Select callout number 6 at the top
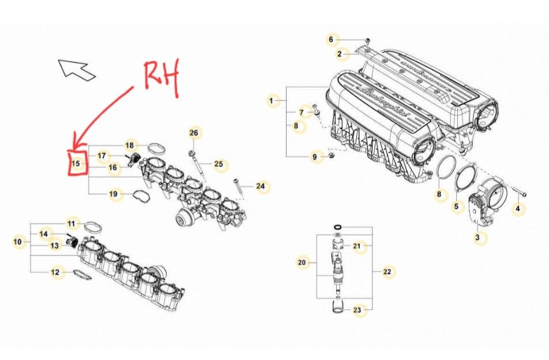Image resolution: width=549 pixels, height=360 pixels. pos(331,40)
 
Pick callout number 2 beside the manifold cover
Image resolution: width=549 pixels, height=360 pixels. pos(340,54)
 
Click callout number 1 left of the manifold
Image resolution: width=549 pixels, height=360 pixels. pos(270,101)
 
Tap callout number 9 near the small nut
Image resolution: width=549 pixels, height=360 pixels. pos(314,156)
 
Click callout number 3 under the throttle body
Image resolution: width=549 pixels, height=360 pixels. pos(477,237)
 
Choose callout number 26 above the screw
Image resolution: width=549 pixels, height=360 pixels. pos(194,133)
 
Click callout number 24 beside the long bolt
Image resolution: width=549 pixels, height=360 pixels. pos(261,186)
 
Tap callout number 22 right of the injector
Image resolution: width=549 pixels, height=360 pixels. pos(387,271)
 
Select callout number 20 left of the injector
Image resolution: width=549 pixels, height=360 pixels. pos(301,262)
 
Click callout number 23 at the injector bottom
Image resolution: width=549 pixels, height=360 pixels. pos(357,310)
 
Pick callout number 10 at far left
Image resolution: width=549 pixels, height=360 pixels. pos(17,242)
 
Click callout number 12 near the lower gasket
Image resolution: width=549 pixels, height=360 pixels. pos(55,271)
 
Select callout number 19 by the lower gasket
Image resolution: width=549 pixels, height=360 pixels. pos(114,194)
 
